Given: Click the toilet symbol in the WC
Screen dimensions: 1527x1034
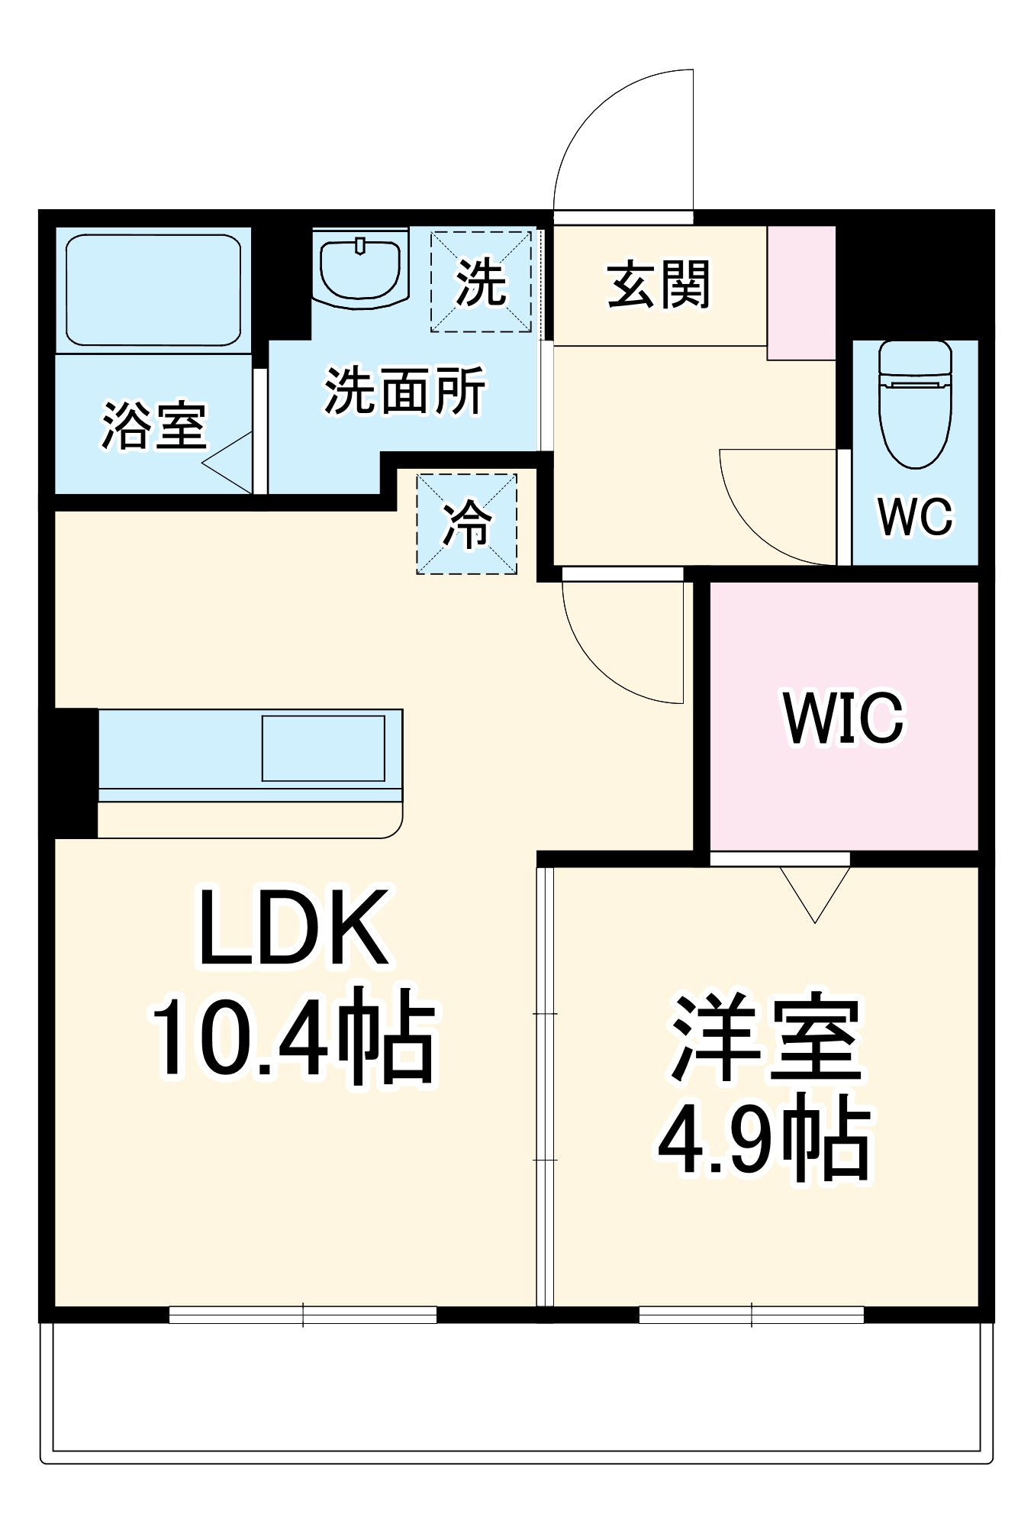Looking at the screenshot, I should [x=915, y=405].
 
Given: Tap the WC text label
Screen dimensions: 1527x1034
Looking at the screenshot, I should [x=915, y=517].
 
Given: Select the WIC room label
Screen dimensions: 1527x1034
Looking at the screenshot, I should [x=843, y=718].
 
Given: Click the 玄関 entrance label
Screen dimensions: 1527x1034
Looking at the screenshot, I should [x=659, y=286].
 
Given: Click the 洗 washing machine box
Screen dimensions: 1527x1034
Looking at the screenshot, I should [x=481, y=282].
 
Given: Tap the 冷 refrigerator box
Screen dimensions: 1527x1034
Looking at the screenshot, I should [x=466, y=525].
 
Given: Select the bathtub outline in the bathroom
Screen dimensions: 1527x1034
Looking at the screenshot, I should [x=153, y=290].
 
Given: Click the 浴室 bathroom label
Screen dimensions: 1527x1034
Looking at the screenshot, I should [x=153, y=425].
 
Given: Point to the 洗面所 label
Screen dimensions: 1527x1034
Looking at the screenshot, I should [x=404, y=391].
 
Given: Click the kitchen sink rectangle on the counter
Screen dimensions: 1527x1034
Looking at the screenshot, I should [x=324, y=748].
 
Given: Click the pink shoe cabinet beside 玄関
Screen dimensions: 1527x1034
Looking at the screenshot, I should [x=801, y=293].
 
